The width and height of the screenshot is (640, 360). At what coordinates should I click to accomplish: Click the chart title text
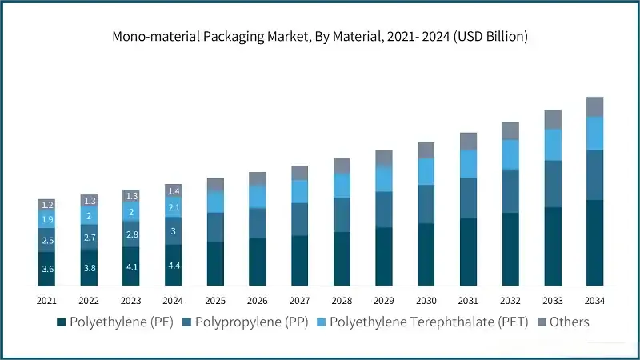320,37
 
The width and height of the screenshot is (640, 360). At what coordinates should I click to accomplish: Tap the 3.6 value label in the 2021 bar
47,269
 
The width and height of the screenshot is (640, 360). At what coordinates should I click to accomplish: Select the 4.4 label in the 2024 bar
174,265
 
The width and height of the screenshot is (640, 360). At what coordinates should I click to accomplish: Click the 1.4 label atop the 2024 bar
174,190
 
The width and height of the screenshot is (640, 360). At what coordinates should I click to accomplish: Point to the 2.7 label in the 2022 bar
90,238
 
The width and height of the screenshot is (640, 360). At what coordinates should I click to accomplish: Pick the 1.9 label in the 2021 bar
47,219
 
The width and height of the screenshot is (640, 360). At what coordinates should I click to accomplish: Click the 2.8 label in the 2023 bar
131,234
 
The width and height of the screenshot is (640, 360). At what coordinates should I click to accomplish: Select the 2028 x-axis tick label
342,301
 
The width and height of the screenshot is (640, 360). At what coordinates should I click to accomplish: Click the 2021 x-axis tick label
47,301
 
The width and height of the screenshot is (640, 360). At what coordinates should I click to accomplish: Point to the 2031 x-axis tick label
468,301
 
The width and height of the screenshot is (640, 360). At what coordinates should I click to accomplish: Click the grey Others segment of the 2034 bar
594,106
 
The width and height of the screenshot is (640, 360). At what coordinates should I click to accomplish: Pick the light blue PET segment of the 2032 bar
510,154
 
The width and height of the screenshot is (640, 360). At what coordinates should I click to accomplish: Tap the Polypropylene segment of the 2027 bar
300,219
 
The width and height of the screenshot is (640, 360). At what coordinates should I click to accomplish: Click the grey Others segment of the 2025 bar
216,185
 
